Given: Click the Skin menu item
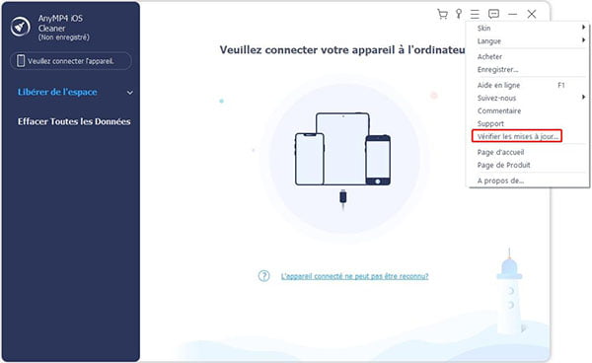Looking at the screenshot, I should click(484, 29).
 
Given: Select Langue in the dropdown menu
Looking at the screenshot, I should click(489, 40).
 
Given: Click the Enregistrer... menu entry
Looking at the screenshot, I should click(498, 69).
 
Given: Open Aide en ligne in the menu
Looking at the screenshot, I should click(499, 86).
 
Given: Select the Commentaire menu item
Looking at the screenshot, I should click(499, 110).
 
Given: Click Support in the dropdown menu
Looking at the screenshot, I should click(491, 123).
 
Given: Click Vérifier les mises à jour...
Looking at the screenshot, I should click(517, 135).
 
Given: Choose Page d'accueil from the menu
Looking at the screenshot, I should click(500, 152).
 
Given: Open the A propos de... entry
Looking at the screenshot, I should click(501, 181).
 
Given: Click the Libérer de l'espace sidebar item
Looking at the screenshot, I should click(64, 93).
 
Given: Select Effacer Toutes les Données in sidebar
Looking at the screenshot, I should click(74, 121).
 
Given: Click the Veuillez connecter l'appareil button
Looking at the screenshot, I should click(74, 61).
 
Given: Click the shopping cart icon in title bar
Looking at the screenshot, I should click(442, 14).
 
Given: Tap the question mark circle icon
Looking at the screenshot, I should click(263, 276).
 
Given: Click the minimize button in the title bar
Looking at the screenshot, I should click(512, 14).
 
